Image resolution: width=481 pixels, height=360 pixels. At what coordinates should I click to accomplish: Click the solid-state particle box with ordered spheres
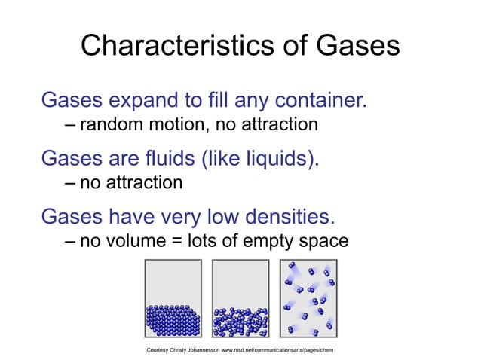(x=173, y=298)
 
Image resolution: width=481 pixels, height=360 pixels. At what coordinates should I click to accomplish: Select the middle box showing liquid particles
(x=240, y=298)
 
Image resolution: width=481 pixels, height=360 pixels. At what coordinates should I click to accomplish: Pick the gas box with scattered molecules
(x=308, y=298)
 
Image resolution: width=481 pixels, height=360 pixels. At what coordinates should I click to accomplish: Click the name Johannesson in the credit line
(x=197, y=352)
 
